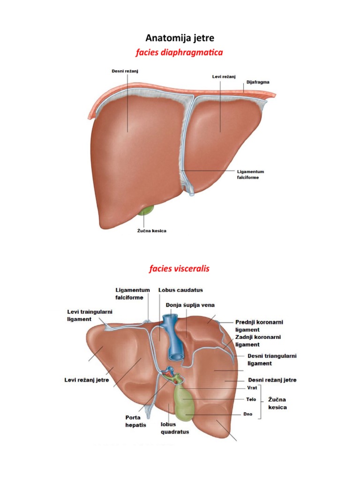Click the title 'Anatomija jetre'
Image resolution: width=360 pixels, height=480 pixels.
(180, 38)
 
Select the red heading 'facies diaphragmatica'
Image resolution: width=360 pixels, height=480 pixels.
(180, 52)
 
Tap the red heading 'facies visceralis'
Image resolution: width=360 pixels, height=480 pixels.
(180, 269)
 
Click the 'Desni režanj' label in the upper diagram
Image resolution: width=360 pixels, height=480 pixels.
(125, 71)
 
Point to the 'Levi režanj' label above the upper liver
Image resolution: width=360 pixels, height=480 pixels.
(224, 76)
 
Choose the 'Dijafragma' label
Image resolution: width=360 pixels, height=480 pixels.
(258, 82)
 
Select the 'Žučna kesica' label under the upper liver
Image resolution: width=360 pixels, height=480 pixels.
(151, 231)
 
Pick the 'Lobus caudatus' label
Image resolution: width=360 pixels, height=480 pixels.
(180, 290)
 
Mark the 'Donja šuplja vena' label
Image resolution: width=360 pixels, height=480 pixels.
(190, 305)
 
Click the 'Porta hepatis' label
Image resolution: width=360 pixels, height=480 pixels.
(135, 421)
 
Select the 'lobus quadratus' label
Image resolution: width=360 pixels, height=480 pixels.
(175, 428)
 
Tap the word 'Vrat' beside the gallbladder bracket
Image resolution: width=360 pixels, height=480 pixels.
(252, 388)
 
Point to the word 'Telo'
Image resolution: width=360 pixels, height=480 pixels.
(251, 399)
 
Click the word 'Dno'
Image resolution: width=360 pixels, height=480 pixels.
(247, 414)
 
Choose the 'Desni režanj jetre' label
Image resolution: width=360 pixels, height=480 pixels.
(272, 380)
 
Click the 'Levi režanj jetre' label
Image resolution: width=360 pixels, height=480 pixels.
(87, 380)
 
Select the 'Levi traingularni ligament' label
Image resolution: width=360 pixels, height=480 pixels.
(90, 315)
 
